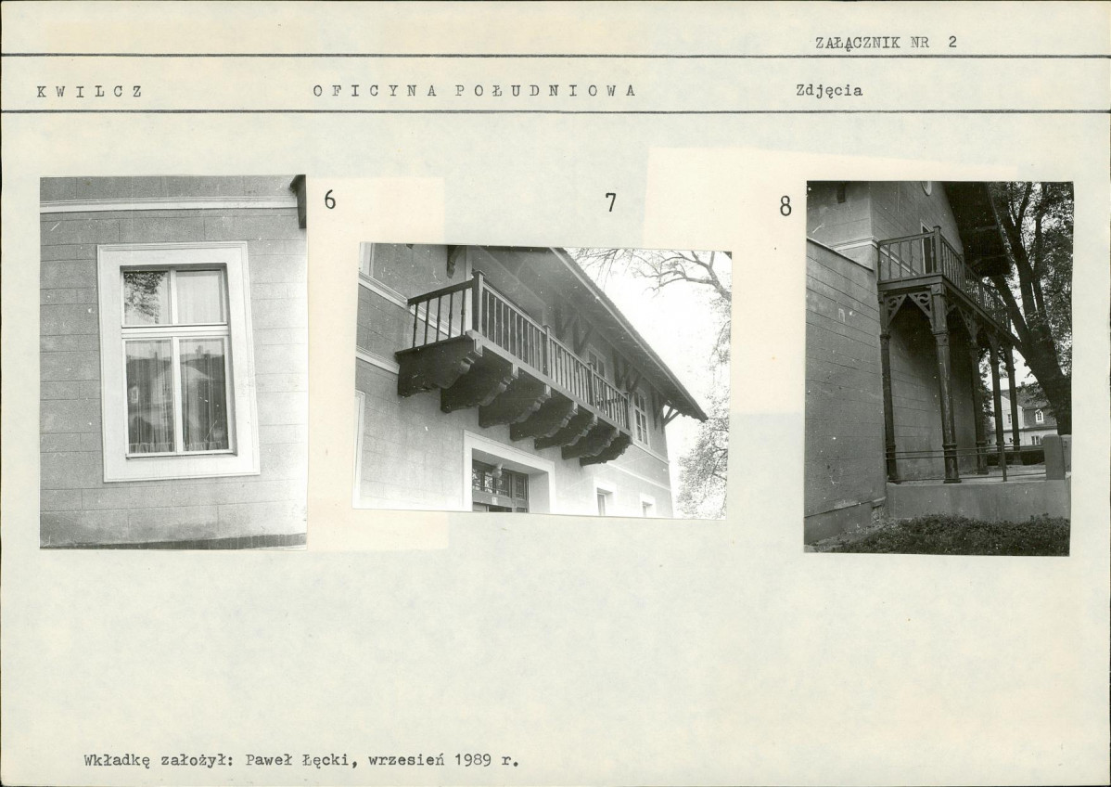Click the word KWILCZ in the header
(90, 92)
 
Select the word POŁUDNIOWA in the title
(545, 91)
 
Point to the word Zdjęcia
(829, 91)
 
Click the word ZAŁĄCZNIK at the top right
(857, 42)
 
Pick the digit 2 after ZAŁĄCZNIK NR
(952, 41)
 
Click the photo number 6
(329, 200)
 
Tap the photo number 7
(611, 202)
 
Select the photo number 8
(785, 206)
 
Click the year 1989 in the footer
(474, 760)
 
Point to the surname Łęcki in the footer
(325, 761)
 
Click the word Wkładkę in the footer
(116, 761)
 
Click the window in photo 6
(178, 361)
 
